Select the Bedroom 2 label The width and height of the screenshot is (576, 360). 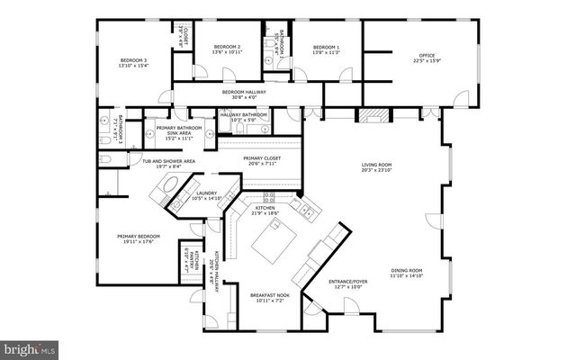tap(226, 49)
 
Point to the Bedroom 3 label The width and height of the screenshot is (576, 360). tap(132, 63)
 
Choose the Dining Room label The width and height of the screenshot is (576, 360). tap(407, 273)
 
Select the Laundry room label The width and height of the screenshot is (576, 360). tap(207, 195)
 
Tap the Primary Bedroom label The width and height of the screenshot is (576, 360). tap(137, 239)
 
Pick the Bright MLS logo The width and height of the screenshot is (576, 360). tap(30, 347)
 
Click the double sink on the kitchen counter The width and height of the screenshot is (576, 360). tap(307, 212)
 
